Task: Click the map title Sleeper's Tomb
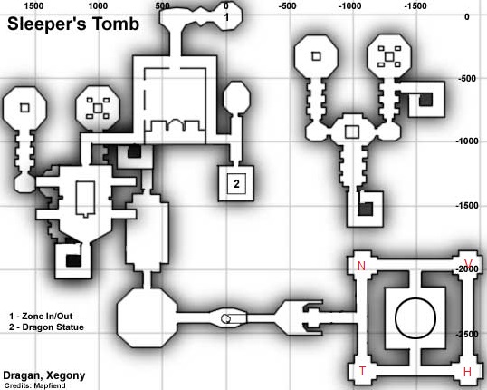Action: [73, 24]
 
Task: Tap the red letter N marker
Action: [361, 266]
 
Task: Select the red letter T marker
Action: [362, 371]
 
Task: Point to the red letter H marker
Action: [467, 372]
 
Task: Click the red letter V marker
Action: [468, 263]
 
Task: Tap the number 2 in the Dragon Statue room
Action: [236, 184]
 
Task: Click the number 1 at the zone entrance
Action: [226, 17]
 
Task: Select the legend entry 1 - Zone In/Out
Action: [41, 317]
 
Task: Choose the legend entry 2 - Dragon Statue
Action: [46, 327]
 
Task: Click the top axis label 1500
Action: [33, 6]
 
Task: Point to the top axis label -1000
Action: [349, 6]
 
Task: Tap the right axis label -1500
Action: [467, 205]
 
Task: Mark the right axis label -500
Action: [467, 78]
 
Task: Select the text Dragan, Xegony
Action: [44, 375]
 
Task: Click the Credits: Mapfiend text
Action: [34, 385]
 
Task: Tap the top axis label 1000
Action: [98, 6]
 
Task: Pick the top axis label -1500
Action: [415, 6]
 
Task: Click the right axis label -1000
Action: [467, 141]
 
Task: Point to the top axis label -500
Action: [287, 6]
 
